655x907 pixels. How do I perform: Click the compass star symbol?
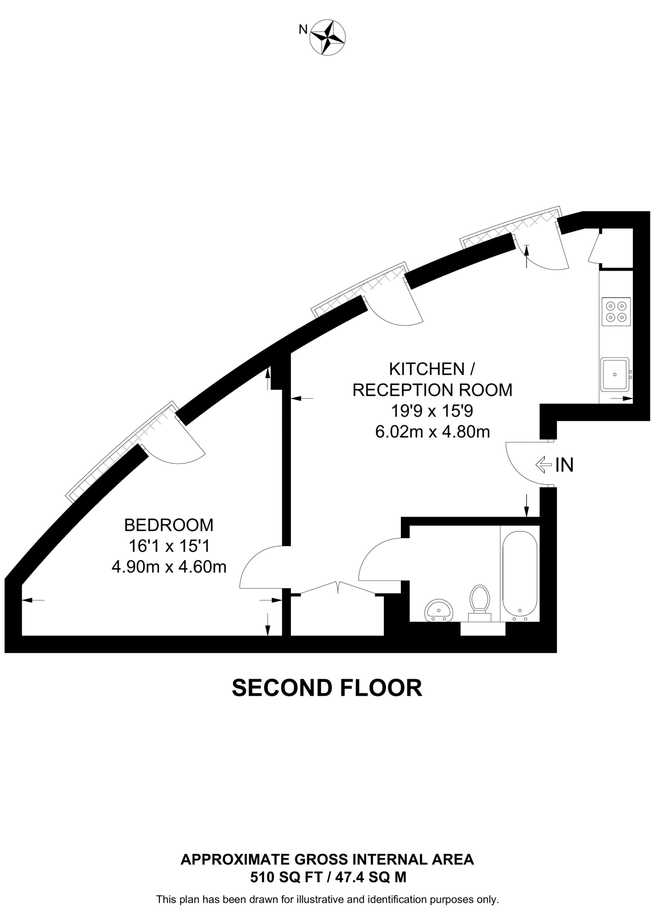(328, 37)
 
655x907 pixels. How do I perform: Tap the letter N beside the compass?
(303, 30)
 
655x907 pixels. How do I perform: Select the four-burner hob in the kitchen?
(616, 311)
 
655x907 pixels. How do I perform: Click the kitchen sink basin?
(615, 374)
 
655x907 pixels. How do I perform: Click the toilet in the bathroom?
(480, 602)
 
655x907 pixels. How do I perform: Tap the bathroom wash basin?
(438, 611)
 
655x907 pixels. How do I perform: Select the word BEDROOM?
(169, 525)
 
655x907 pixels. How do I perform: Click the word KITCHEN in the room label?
(427, 369)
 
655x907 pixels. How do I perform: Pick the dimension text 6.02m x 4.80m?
(432, 432)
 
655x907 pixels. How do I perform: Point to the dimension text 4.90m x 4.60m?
(169, 567)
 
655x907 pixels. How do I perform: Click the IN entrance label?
(564, 465)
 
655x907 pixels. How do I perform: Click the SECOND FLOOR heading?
(327, 688)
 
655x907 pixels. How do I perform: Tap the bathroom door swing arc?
(374, 554)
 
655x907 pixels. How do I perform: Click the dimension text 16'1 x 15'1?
(169, 546)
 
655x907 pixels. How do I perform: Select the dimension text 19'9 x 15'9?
(432, 411)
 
